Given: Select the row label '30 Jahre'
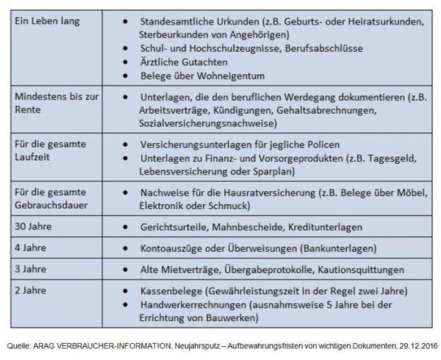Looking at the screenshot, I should (32, 227).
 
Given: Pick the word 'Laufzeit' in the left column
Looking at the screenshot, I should (32, 156).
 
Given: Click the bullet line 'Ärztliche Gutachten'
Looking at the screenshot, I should (184, 62).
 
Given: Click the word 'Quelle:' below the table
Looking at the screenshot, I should (21, 344).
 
